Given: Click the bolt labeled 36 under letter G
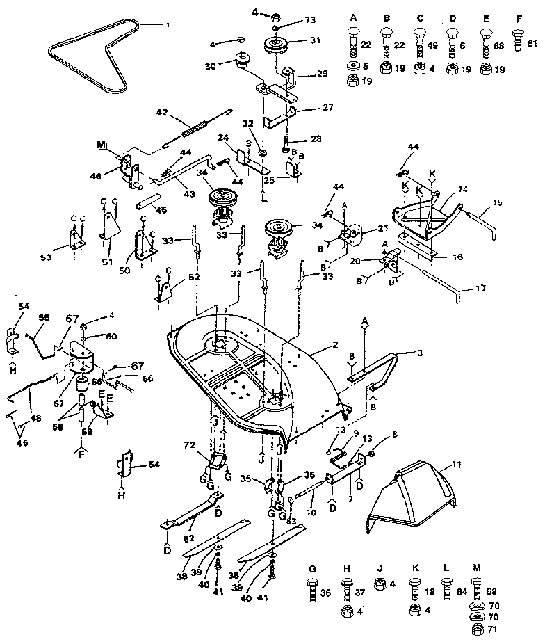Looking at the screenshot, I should pyautogui.click(x=314, y=591).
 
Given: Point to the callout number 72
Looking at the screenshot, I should pyautogui.click(x=187, y=443).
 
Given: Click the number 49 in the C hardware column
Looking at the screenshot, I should pyautogui.click(x=432, y=45).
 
